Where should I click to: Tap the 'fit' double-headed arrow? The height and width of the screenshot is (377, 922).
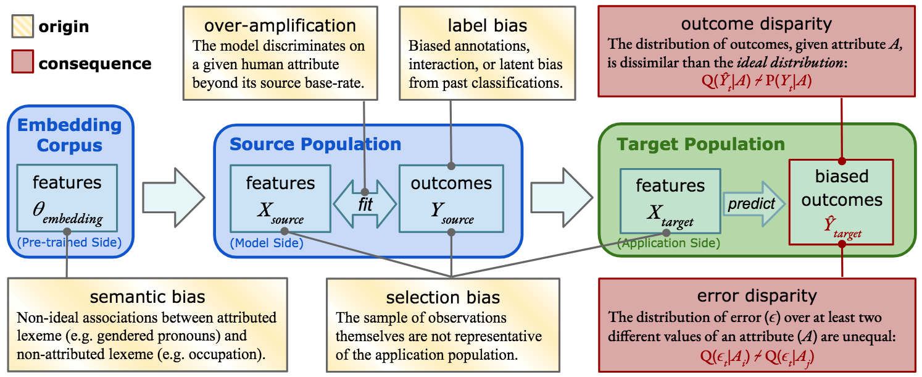coord(365,205)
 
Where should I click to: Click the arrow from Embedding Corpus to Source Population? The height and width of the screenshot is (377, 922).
coord(173,197)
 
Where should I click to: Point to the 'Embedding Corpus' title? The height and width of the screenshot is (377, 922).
coord(69,135)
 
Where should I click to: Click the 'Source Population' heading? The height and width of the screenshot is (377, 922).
coord(315,145)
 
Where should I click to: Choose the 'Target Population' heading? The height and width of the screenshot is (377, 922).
coord(701,145)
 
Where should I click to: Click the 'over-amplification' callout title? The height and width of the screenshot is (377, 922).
coord(280,26)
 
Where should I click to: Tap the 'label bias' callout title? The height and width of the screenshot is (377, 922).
coord(487,26)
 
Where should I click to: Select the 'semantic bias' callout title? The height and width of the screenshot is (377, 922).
coord(147,297)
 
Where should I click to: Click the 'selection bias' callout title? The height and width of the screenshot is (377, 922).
coord(442,298)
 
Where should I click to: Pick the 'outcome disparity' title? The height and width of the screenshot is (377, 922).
coord(756,24)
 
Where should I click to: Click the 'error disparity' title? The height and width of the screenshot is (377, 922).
coord(757,296)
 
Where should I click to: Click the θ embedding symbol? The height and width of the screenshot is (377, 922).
coord(67,212)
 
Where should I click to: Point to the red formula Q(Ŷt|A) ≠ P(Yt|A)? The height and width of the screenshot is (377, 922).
coord(756,81)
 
